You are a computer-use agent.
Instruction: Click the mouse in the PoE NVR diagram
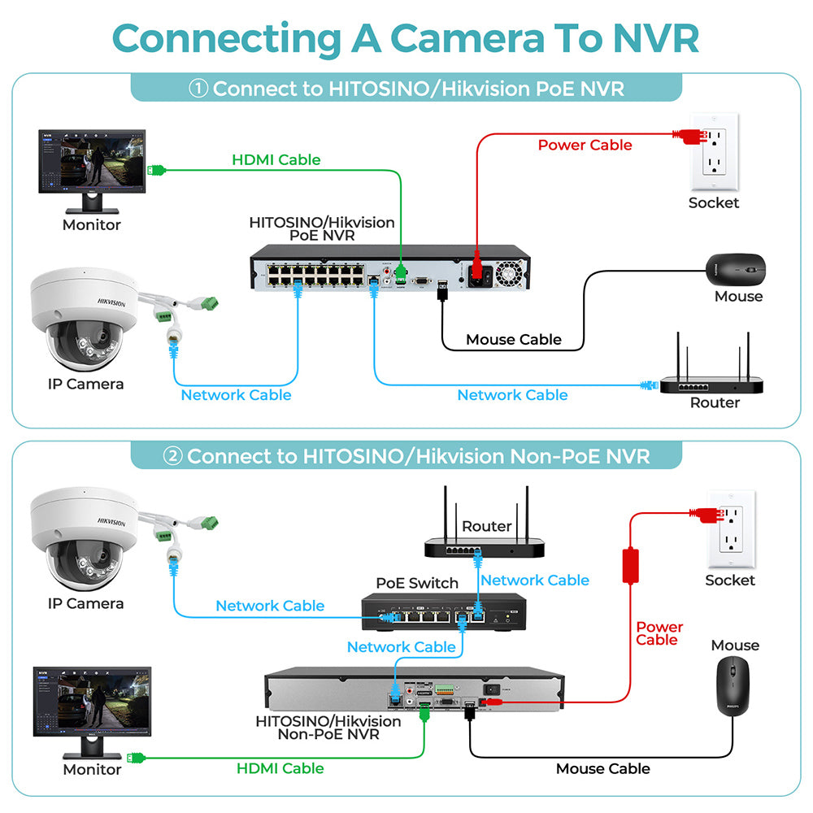click(735, 269)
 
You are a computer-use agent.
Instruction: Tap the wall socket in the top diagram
click(715, 151)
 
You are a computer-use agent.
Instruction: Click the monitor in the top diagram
click(92, 171)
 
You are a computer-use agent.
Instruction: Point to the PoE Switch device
click(444, 612)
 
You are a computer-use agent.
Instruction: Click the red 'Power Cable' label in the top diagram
click(585, 145)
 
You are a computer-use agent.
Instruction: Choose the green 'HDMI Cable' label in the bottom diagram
click(280, 768)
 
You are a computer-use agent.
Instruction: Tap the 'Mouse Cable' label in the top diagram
click(513, 340)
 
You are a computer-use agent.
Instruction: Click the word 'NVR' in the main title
click(656, 38)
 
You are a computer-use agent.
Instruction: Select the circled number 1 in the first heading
click(198, 88)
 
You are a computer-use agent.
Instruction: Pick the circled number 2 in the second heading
click(172, 456)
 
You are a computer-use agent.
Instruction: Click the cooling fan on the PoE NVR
click(509, 273)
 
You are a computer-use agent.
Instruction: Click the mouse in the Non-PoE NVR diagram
click(733, 685)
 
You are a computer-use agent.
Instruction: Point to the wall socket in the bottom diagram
click(732, 529)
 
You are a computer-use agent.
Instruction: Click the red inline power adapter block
click(631, 566)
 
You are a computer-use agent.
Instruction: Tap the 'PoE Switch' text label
click(417, 583)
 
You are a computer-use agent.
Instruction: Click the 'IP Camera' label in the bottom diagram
click(85, 603)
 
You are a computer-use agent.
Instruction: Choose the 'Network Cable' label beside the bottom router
click(535, 580)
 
